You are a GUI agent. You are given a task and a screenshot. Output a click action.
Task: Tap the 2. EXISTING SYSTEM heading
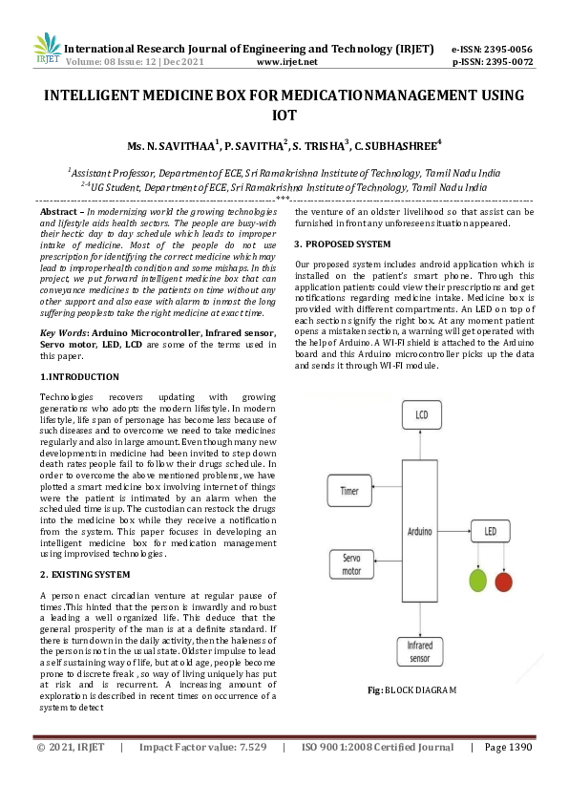[x=85, y=574]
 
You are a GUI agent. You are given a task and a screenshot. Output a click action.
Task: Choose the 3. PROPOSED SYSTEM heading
[x=343, y=244]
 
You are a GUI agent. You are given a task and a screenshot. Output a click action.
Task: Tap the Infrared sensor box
[x=421, y=651]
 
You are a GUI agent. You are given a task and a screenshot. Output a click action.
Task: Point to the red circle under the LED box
[x=503, y=582]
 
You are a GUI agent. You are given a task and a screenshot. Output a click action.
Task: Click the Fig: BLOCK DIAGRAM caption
[x=411, y=689]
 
